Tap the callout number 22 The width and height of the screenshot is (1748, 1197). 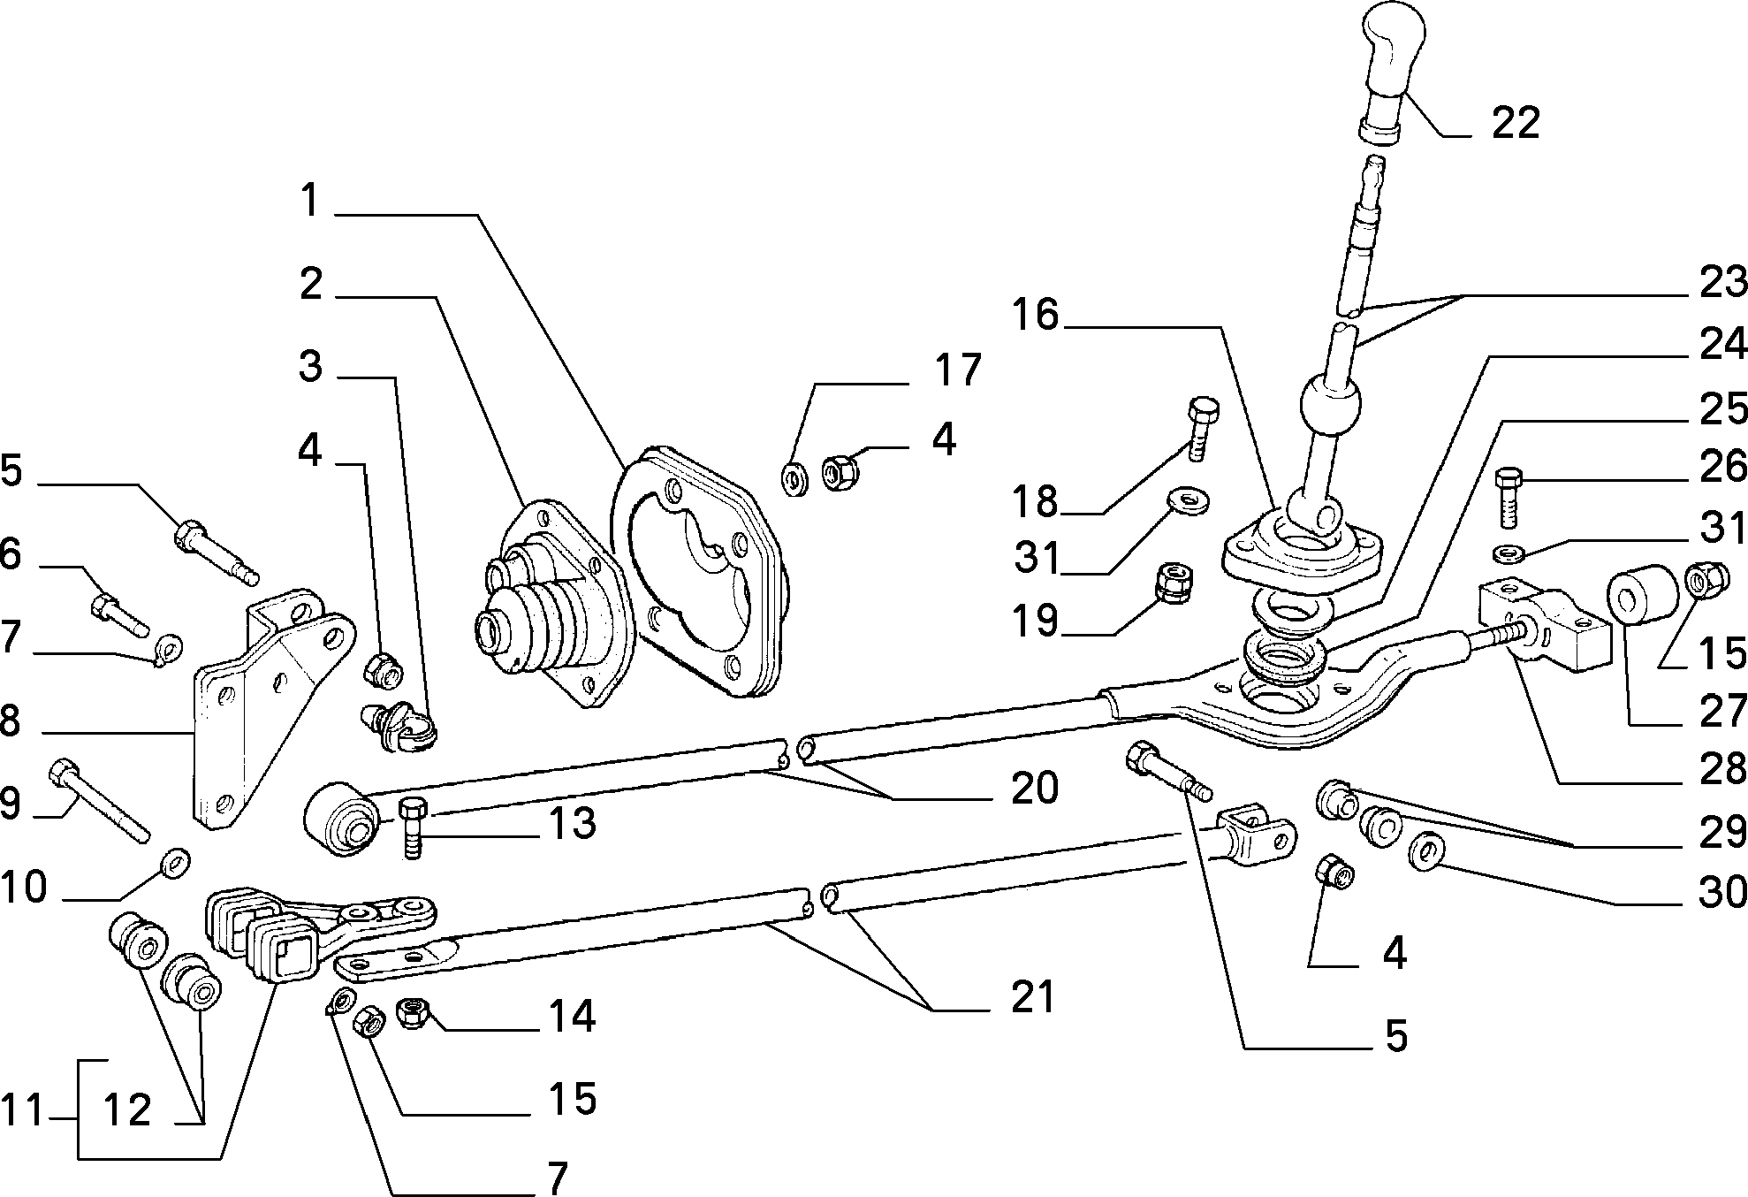(1516, 122)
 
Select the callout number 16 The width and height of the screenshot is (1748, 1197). (1035, 314)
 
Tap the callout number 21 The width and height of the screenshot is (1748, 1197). (1032, 997)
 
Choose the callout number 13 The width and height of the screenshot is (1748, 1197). (573, 823)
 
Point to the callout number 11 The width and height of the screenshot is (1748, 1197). (22, 1109)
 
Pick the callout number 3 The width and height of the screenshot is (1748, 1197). (310, 365)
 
